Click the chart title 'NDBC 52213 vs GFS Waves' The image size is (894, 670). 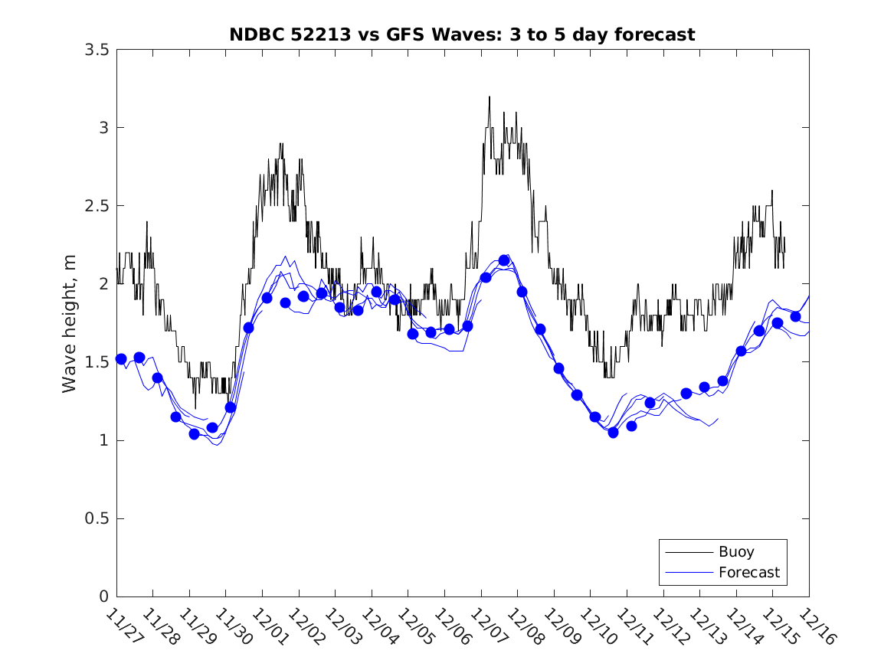pos(462,34)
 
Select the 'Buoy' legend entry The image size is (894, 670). pos(735,551)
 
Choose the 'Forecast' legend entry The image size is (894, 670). pos(748,572)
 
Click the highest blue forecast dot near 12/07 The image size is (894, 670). pos(503,260)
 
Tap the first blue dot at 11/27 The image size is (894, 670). pos(121,358)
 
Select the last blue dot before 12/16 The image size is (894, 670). pos(795,316)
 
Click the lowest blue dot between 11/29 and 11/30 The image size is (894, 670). pos(194,433)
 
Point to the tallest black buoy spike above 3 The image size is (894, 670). pos(489,97)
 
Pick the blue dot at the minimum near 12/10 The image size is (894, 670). pos(613,433)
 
